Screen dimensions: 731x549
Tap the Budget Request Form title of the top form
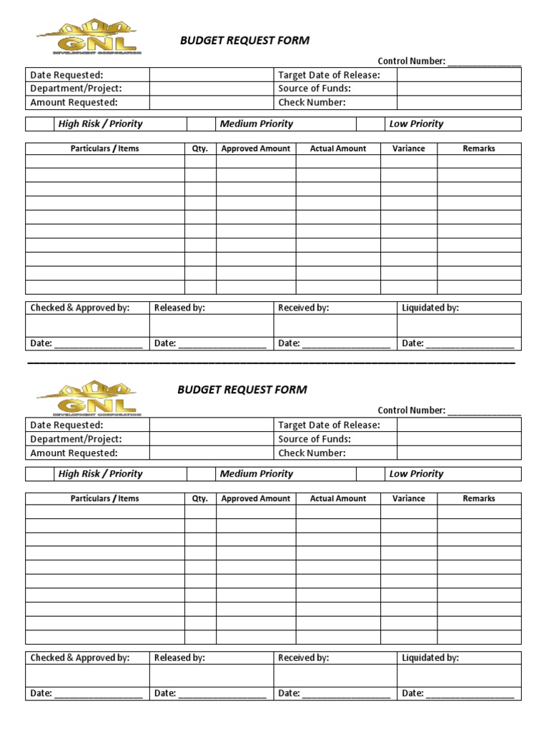[244, 41]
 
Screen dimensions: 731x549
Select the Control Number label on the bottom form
[411, 410]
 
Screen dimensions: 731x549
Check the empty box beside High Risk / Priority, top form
[40, 124]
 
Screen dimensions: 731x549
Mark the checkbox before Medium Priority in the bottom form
[201, 474]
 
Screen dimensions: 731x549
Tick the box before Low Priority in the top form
[370, 124]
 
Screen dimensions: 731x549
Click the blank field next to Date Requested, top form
[212, 75]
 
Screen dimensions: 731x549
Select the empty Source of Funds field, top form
[459, 89]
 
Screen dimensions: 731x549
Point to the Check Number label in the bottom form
[312, 453]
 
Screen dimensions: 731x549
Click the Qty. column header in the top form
[200, 148]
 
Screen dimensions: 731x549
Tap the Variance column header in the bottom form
[408, 498]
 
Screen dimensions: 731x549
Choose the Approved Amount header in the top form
[256, 148]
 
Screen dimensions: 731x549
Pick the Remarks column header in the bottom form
[479, 498]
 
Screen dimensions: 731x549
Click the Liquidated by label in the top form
[430, 308]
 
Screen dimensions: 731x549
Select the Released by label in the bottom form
[179, 657]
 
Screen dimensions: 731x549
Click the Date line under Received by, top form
[346, 344]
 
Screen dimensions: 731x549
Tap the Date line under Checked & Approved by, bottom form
[98, 694]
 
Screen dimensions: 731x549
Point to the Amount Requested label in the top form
[74, 102]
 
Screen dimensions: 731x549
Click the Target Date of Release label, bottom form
[329, 425]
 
